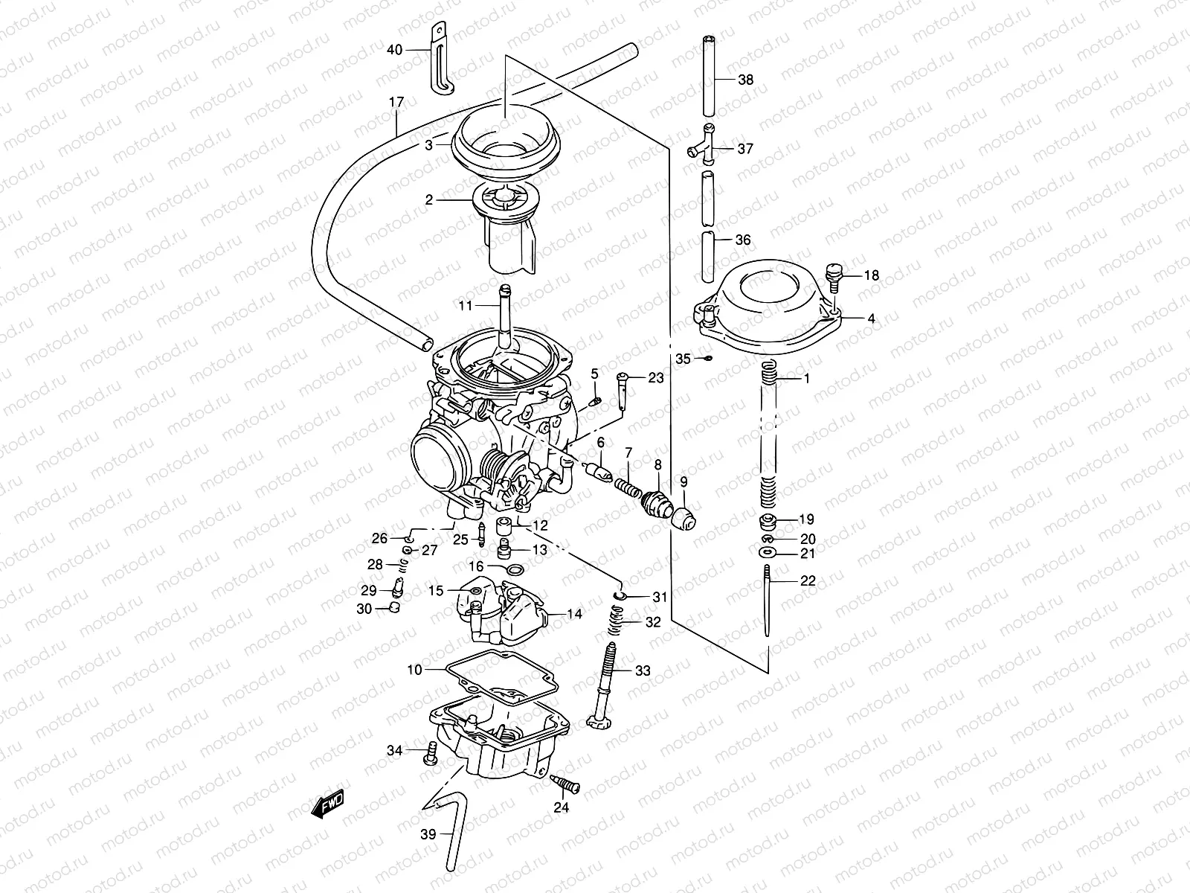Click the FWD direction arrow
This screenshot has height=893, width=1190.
[x=327, y=804]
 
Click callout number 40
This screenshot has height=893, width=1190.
[x=394, y=50]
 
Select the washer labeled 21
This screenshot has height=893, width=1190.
[x=766, y=553]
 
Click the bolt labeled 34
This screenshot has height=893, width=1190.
[x=430, y=754]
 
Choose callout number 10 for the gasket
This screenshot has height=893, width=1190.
[x=414, y=670]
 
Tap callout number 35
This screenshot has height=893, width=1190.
[x=684, y=359]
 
